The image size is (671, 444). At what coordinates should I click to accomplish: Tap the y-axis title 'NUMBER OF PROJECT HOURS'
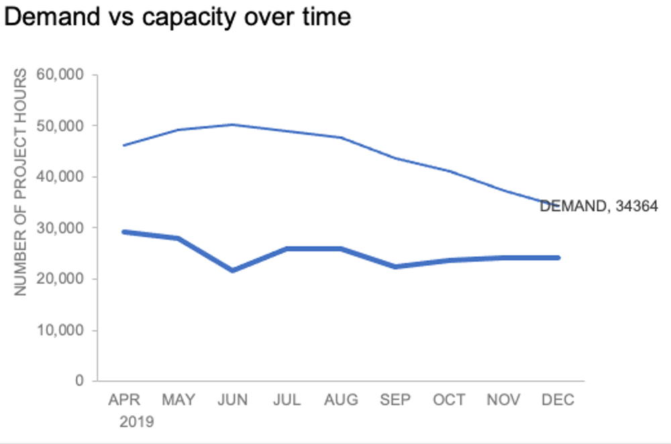click(21, 182)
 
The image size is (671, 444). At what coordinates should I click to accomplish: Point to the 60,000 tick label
click(60, 74)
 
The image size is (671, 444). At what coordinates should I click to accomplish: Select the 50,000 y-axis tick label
click(60, 126)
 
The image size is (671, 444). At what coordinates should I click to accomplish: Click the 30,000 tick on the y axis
click(60, 228)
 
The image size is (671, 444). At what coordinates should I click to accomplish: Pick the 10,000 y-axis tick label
click(60, 331)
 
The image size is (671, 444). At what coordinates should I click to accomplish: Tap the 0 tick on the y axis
click(79, 382)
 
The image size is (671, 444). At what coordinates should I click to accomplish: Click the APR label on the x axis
click(125, 400)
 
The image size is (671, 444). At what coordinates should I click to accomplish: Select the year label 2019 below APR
click(136, 423)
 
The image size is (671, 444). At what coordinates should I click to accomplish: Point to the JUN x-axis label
click(233, 400)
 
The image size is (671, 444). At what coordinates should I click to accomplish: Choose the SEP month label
click(395, 400)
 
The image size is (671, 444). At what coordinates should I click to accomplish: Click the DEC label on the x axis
click(558, 400)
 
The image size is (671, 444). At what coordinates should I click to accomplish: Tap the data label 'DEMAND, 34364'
click(599, 207)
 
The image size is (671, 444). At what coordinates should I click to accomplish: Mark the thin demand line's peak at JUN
click(233, 125)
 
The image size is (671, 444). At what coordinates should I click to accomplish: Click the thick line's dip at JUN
click(233, 270)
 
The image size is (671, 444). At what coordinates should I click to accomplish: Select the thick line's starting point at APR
click(125, 232)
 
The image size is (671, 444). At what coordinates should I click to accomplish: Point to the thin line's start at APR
click(125, 145)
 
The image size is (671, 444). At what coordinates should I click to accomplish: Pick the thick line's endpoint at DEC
click(558, 258)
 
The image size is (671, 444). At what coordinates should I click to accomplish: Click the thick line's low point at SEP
click(395, 266)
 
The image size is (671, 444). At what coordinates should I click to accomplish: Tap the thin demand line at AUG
click(341, 137)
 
